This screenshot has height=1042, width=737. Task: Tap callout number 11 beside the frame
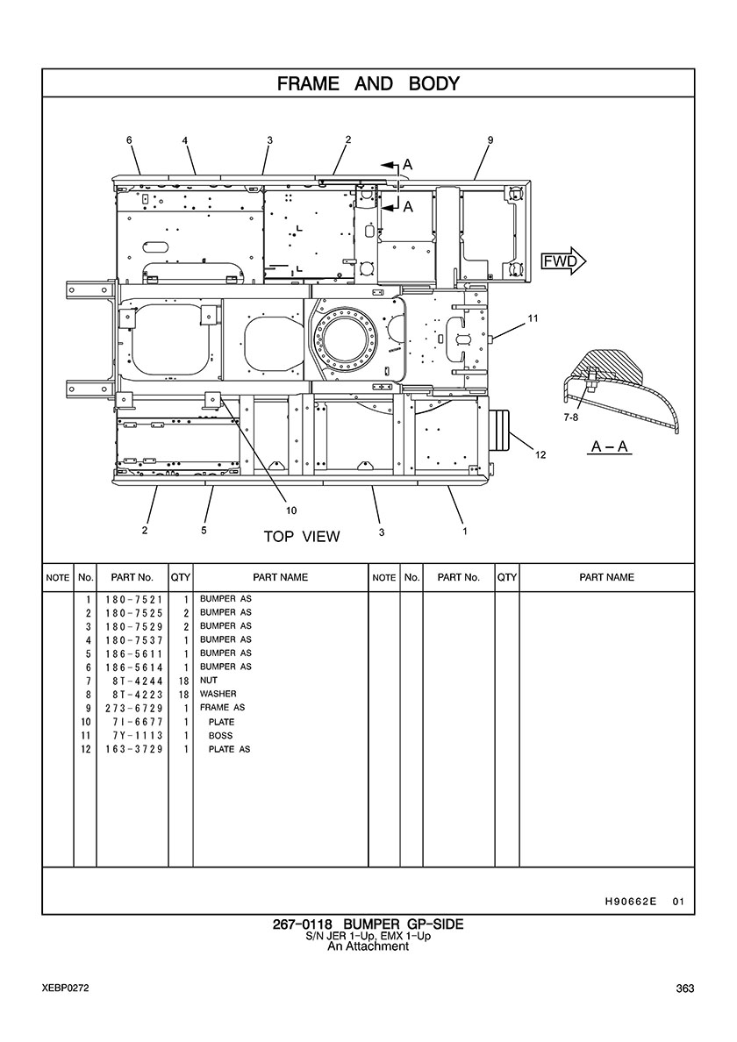[533, 318]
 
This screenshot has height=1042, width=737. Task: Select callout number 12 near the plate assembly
[540, 455]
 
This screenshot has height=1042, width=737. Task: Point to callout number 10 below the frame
[291, 510]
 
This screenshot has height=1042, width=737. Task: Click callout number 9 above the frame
[490, 140]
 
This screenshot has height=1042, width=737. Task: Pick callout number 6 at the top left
[130, 140]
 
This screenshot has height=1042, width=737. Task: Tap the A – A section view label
[610, 446]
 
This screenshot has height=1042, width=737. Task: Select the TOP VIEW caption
[302, 536]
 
